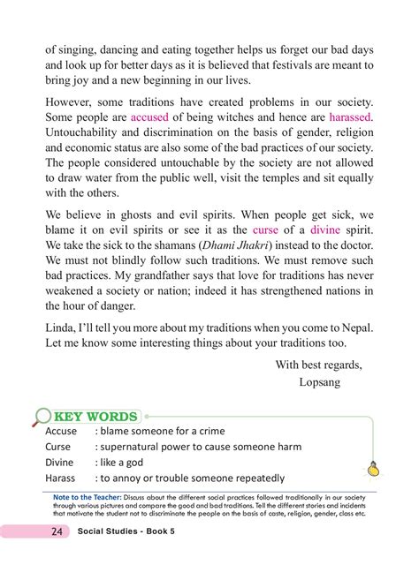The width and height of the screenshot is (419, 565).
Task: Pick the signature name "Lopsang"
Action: [324, 383]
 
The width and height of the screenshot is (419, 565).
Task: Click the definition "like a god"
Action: [132, 463]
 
